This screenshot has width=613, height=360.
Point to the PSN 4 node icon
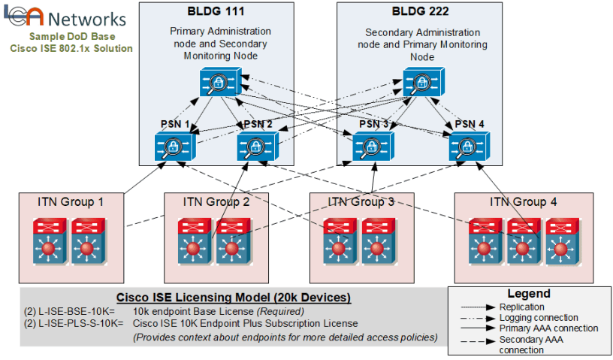[470, 146]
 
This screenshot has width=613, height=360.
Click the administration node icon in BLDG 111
[220, 81]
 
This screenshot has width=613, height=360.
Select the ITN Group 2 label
[216, 201]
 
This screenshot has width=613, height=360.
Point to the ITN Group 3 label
[361, 201]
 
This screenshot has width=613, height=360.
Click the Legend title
[529, 294]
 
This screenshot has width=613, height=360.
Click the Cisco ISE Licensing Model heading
[234, 297]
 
